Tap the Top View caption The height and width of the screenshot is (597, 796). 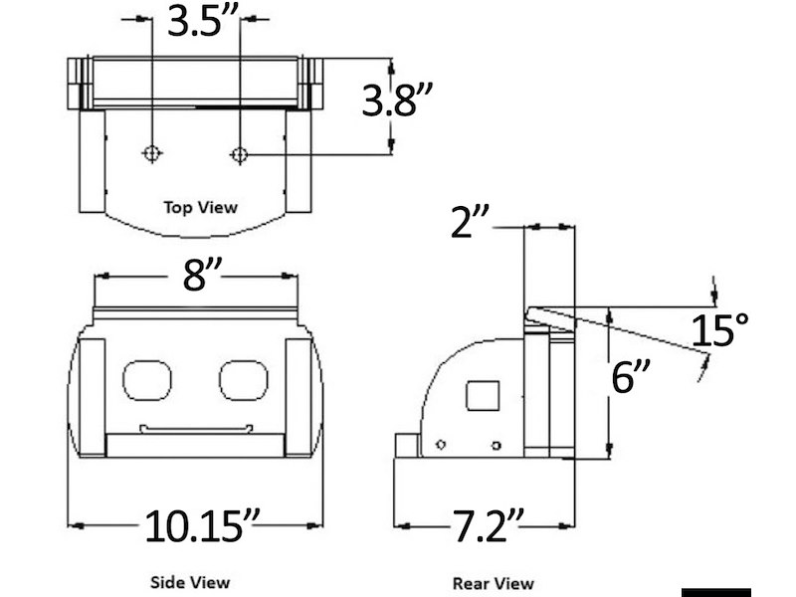(201, 207)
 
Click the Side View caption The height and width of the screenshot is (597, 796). (189, 581)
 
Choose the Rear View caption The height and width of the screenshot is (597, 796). (493, 583)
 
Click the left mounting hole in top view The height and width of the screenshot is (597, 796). (151, 153)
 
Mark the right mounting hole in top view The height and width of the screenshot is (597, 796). (239, 153)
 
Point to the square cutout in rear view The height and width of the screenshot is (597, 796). (484, 395)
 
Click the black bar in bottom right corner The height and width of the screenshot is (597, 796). (715, 590)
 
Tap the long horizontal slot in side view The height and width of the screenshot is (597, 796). (195, 429)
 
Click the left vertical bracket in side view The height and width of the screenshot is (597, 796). (92, 396)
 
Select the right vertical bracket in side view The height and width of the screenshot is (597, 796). (298, 396)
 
